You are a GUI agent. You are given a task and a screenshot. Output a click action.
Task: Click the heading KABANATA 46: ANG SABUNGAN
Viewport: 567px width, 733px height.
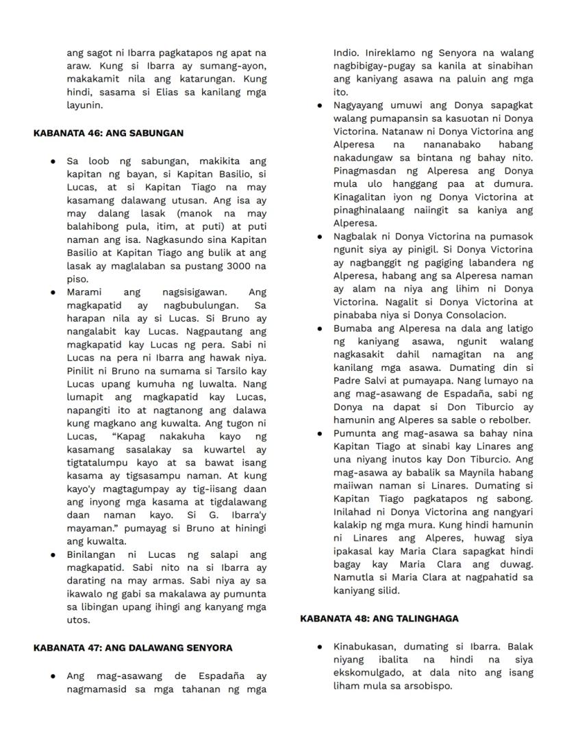[x=108, y=133]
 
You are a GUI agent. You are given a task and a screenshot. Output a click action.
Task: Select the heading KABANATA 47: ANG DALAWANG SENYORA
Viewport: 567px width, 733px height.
[x=133, y=647]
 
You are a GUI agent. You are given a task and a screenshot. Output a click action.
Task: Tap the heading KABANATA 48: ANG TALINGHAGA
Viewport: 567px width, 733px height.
[x=379, y=618]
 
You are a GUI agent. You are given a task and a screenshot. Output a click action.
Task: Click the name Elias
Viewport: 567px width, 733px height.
[x=170, y=92]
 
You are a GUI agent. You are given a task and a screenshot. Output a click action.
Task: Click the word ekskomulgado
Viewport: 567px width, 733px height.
[x=366, y=673]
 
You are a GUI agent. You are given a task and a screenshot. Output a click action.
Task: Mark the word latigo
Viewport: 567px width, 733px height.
[x=516, y=329]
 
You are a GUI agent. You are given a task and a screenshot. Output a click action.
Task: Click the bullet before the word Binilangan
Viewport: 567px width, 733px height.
[x=52, y=555]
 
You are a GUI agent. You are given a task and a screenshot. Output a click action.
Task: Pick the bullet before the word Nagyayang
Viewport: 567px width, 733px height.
[x=319, y=105]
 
